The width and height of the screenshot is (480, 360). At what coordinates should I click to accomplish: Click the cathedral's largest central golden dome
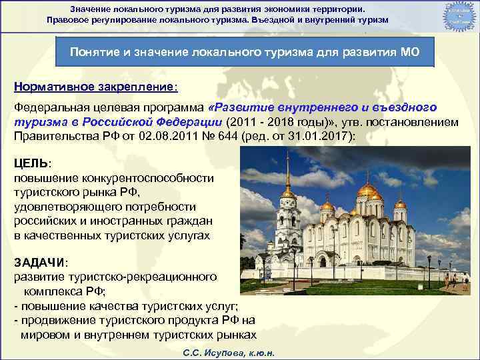367,189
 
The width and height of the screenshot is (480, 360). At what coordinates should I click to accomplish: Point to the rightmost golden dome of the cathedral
400,203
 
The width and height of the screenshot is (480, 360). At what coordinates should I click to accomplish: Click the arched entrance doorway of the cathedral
323,261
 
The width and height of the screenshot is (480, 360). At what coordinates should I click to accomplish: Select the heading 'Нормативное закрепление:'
96,87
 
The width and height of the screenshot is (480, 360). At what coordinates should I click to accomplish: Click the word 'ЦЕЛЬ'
31,163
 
